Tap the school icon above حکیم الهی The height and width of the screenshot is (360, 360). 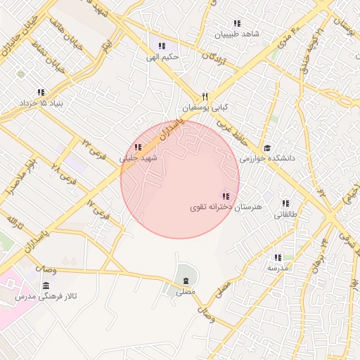point(162,46)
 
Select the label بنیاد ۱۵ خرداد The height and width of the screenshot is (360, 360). point(41,103)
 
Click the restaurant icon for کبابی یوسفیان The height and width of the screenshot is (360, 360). point(205,97)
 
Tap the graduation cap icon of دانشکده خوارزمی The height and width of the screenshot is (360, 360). point(267,148)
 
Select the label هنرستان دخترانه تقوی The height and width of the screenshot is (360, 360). point(217,208)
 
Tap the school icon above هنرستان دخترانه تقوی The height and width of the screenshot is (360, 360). point(225,196)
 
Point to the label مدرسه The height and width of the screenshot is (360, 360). point(278,269)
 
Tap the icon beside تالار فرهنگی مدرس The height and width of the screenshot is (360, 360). point(46,285)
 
